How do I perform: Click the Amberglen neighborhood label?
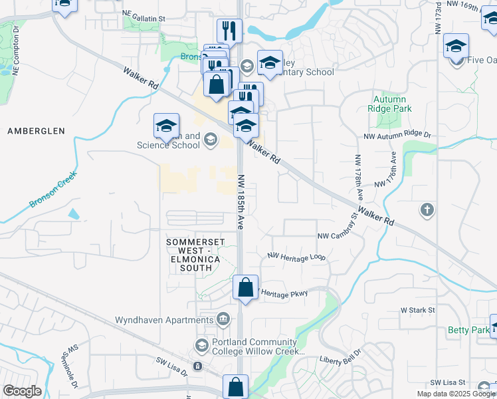[36, 131]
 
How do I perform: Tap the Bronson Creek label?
[53, 190]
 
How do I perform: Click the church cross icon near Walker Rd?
[427, 211]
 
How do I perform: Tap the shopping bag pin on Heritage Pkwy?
[246, 289]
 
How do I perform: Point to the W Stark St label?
[417, 310]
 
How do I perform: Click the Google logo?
[22, 390]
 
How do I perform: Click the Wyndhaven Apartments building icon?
[223, 320]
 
